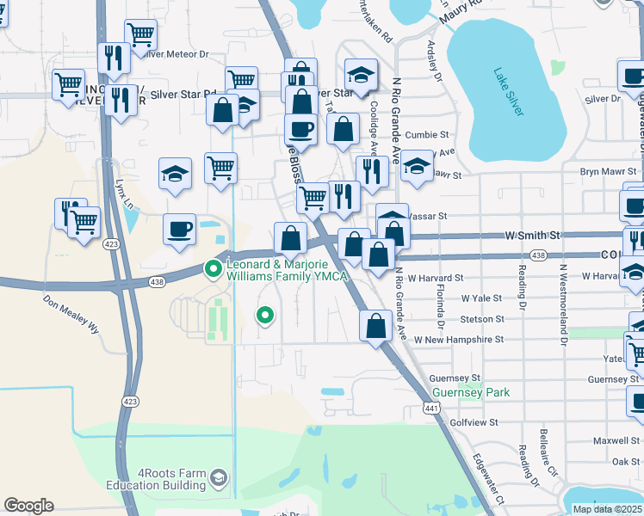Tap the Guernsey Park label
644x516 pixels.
pos(471,392)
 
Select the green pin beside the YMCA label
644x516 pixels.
pos(213,270)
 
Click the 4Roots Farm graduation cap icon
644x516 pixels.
pos(220,477)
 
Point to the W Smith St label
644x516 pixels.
pos(532,234)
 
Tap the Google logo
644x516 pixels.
pos(28,506)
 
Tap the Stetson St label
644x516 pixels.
pos(482,319)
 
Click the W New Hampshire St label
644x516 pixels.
pos(458,340)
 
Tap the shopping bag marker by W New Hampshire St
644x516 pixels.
pos(375,327)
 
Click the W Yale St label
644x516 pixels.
pos(481,298)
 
